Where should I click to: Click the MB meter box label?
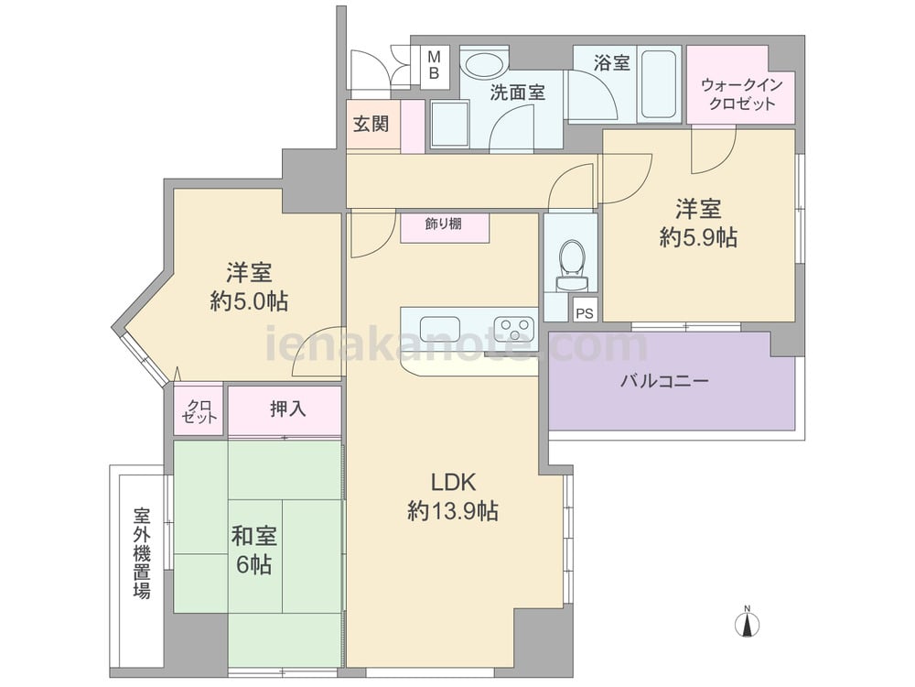pyautogui.click(x=434, y=65)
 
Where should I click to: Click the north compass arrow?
pyautogui.click(x=747, y=623)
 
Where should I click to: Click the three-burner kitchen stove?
pyautogui.click(x=514, y=328)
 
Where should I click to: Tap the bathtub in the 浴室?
pyautogui.click(x=659, y=85)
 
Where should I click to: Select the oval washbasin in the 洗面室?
pyautogui.click(x=486, y=66)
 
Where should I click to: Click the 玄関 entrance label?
pyautogui.click(x=371, y=124)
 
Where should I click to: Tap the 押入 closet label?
pyautogui.click(x=287, y=409)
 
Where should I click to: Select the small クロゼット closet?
pyautogui.click(x=199, y=410)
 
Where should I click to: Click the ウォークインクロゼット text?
pyautogui.click(x=741, y=94)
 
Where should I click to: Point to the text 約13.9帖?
pyautogui.click(x=452, y=511)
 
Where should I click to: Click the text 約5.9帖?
pyautogui.click(x=698, y=238)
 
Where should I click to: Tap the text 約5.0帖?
pyautogui.click(x=249, y=301)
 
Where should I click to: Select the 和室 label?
pyautogui.click(x=253, y=536)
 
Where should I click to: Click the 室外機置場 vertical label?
pyautogui.click(x=142, y=552)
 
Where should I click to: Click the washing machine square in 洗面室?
pyautogui.click(x=450, y=124)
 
